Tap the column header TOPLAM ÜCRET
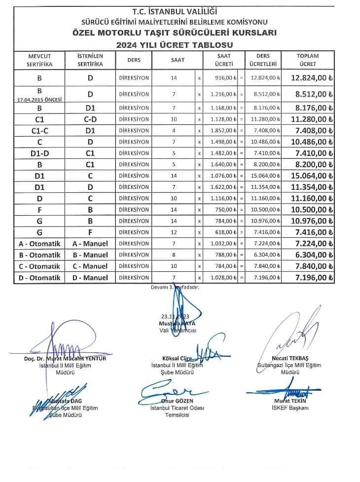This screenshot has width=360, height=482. pos(308,60)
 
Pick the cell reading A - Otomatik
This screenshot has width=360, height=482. pos(39,244)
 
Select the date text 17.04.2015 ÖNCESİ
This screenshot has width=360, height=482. pos(39,99)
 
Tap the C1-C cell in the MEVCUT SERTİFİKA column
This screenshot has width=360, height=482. pos(39,130)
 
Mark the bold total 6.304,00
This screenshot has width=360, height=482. pos(314,255)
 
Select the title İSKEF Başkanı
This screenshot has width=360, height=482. pos(290,408)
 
